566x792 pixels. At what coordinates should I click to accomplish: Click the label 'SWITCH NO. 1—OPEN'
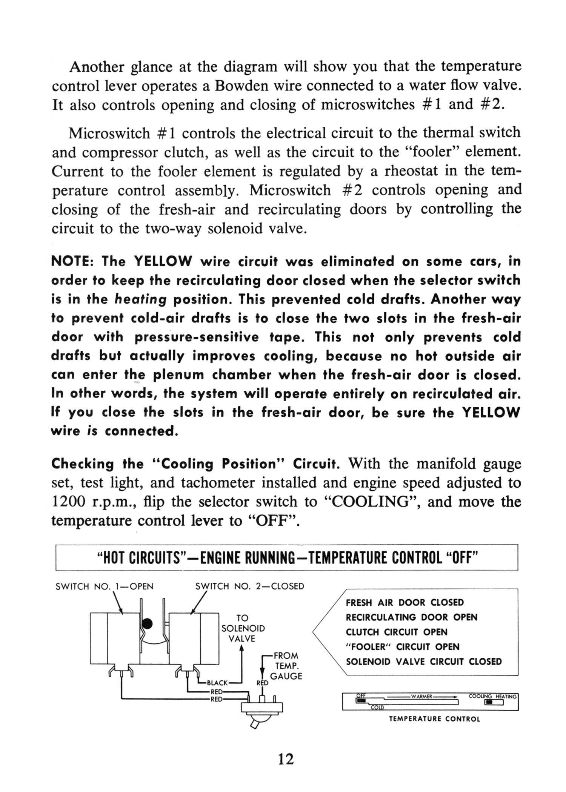pyautogui.click(x=104, y=586)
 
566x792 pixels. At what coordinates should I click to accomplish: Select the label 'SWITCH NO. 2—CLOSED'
pyautogui.click(x=249, y=586)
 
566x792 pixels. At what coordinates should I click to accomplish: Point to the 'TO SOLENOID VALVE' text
pyautogui.click(x=242, y=628)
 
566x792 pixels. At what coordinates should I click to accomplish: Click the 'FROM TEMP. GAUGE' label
pyautogui.click(x=286, y=666)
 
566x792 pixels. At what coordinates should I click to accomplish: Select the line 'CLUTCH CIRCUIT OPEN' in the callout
pyautogui.click(x=397, y=632)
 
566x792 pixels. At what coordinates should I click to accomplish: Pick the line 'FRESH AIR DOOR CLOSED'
pyautogui.click(x=405, y=602)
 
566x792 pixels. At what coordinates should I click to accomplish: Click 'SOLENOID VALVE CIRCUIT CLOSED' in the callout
pyautogui.click(x=424, y=662)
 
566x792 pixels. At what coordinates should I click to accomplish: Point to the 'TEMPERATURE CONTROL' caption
pyautogui.click(x=434, y=719)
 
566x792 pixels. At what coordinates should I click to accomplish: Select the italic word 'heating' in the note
pyautogui.click(x=140, y=299)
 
